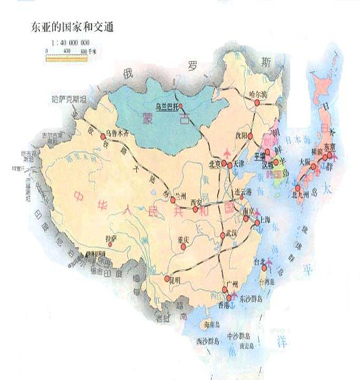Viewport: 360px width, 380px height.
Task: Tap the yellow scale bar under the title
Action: [x=66, y=57]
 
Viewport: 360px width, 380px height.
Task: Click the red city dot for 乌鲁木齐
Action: [x=106, y=137]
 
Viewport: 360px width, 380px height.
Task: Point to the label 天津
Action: [x=239, y=164]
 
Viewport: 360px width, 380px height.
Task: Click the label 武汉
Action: [x=227, y=236]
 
